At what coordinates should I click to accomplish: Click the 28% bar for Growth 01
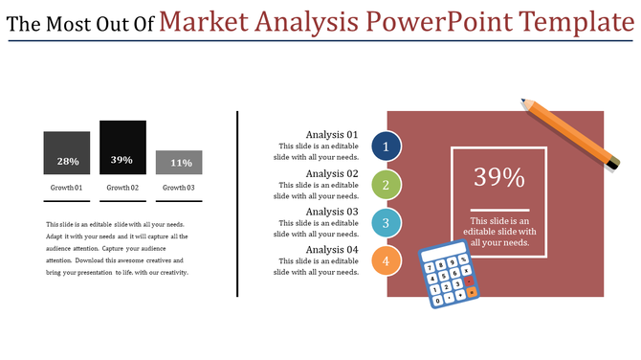[x=66, y=153]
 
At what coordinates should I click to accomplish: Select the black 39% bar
[x=122, y=147]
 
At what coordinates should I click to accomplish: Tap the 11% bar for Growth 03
[x=179, y=163]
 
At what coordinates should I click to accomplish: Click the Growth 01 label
[x=67, y=188]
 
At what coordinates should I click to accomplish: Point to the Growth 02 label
[x=122, y=188]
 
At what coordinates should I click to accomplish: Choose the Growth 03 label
[x=179, y=188]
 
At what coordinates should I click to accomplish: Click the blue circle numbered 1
[x=386, y=146]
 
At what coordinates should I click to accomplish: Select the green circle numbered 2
[x=386, y=185]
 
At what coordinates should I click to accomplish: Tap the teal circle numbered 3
[x=386, y=223]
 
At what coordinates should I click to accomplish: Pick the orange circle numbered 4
[x=386, y=260]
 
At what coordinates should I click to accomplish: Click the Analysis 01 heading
[x=331, y=135]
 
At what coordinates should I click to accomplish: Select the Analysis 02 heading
[x=331, y=173]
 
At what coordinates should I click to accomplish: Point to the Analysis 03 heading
[x=331, y=212]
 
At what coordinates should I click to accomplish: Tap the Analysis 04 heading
[x=331, y=250]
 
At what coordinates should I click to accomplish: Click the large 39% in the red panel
[x=499, y=178]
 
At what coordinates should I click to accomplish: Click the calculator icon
[x=447, y=276]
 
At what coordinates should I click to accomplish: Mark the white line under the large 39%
[x=499, y=210]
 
